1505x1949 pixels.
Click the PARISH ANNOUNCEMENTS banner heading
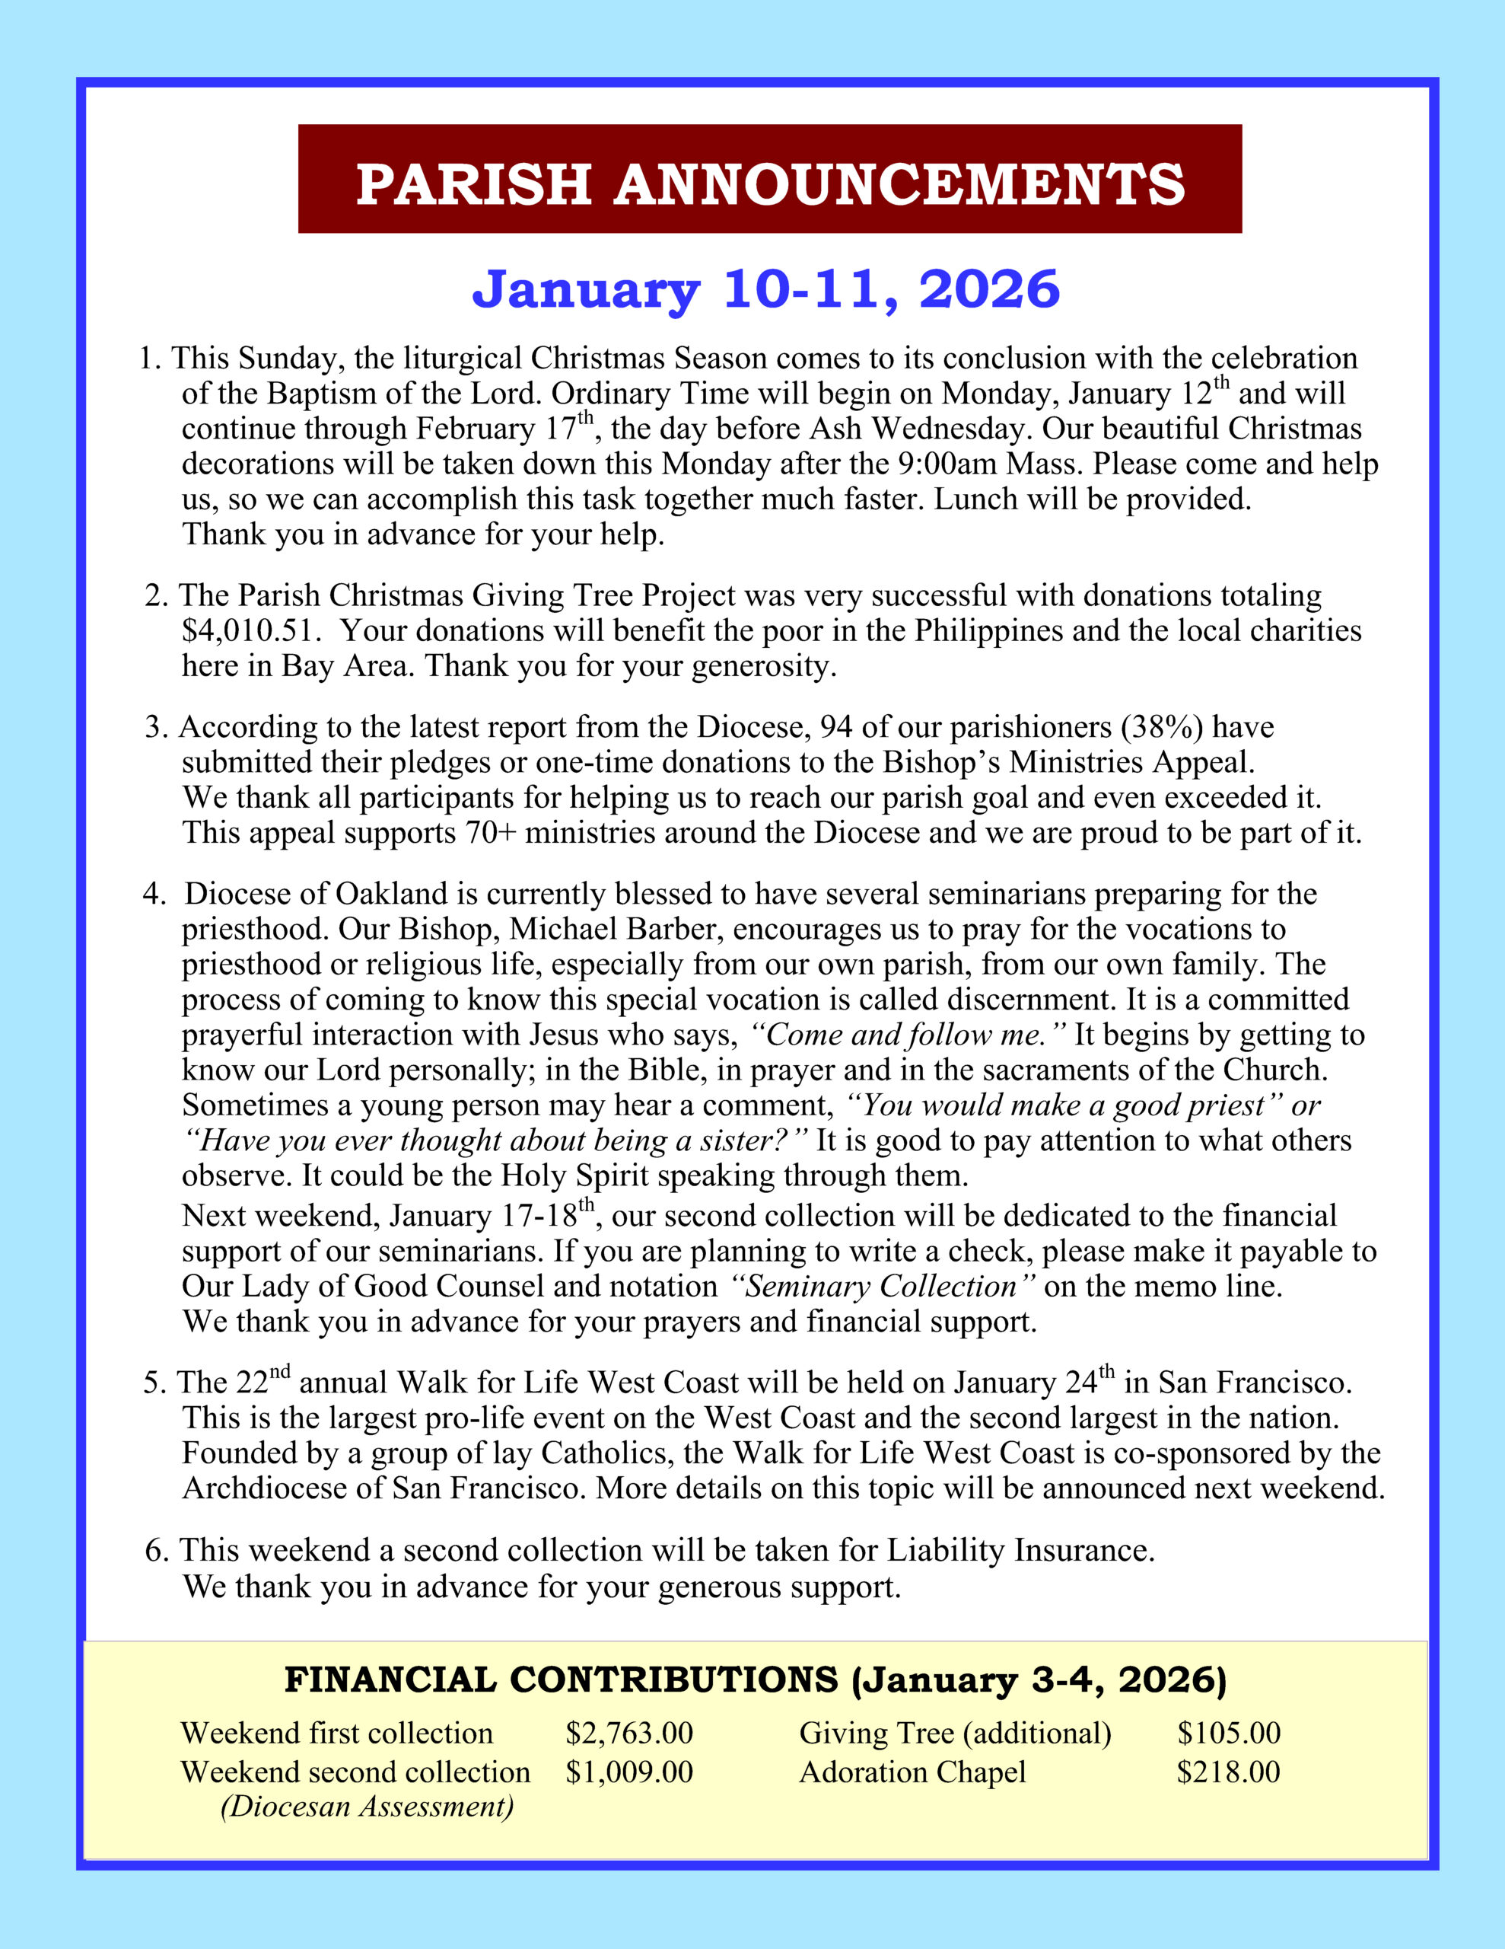[770, 183]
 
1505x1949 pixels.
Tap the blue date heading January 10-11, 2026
[765, 289]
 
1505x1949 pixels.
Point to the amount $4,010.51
[249, 631]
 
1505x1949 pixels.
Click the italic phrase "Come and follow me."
[909, 1035]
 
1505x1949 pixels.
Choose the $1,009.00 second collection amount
[629, 1772]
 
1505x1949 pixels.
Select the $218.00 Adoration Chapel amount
[1229, 1772]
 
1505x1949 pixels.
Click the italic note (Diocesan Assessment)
[367, 1807]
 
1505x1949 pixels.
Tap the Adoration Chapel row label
[912, 1772]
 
